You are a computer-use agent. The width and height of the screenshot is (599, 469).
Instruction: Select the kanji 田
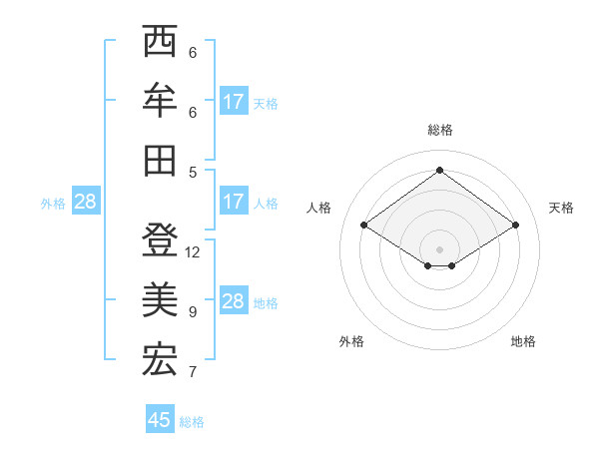[160, 160]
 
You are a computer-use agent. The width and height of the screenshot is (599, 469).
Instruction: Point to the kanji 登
[160, 240]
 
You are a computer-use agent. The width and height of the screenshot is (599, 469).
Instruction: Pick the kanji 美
[160, 300]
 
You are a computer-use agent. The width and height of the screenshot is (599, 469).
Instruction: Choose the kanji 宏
[160, 360]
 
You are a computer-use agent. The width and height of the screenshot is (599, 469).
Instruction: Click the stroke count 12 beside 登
[193, 252]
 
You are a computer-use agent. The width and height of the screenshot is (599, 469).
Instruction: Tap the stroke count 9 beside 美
[192, 312]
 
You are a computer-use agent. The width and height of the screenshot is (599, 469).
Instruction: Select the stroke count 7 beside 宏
[192, 372]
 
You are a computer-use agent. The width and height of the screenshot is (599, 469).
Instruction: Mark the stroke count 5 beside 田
[192, 172]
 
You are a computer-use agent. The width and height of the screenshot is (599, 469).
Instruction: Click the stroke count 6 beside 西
[192, 53]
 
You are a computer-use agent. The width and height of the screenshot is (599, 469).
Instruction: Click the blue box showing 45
[160, 420]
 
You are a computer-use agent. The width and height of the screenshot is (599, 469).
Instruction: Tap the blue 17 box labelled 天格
[233, 102]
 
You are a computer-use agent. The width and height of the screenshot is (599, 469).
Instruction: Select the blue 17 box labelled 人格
[233, 202]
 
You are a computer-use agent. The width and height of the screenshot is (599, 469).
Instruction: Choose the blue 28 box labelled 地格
[233, 302]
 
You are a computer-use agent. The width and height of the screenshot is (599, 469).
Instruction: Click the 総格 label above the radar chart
[439, 130]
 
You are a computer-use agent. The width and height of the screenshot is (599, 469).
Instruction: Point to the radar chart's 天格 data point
[515, 226]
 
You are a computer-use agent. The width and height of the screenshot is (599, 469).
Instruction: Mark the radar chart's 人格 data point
[364, 226]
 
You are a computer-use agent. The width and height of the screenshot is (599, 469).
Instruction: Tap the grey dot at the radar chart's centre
[439, 248]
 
